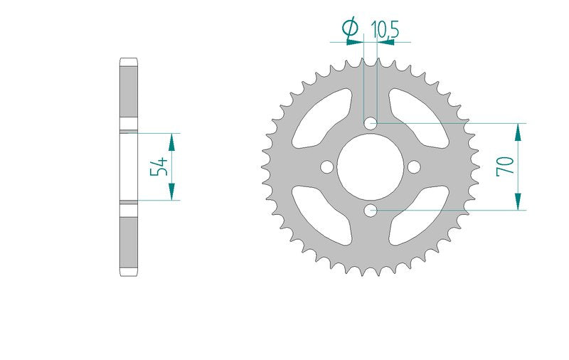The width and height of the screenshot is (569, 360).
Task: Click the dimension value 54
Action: tap(159, 167)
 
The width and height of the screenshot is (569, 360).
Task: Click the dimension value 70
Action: tap(506, 166)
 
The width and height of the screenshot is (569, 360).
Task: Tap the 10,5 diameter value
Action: tap(385, 29)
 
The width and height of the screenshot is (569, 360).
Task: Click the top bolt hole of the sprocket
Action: tap(370, 124)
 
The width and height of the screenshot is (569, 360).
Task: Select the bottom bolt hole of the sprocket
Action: tap(370, 211)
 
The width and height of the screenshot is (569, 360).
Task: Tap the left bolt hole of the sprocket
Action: tap(327, 167)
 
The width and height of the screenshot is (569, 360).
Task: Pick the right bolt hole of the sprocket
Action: tap(414, 167)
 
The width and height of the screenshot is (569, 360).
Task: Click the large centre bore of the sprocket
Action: tap(370, 167)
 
